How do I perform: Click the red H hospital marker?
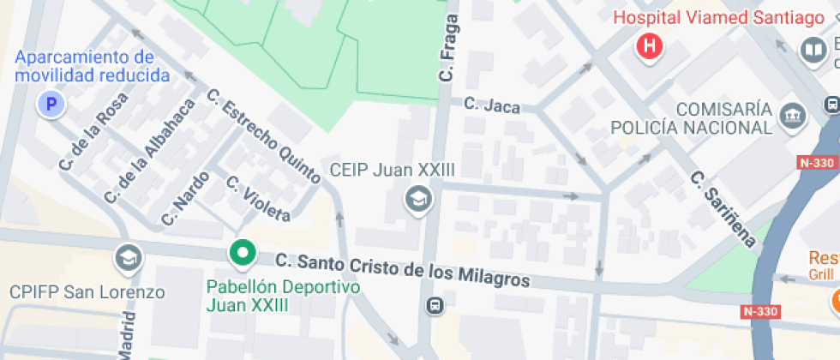point(651,46)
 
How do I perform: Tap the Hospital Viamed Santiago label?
point(718,18)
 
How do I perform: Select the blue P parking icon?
point(51,105)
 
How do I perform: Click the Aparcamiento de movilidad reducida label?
point(93,66)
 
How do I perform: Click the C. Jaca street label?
point(492,105)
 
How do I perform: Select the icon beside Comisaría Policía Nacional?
point(794,114)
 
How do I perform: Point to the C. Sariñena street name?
point(724,210)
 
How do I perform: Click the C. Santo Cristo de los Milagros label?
point(403,270)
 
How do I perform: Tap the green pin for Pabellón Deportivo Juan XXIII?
point(243,253)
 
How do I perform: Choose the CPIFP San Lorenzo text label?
point(87,291)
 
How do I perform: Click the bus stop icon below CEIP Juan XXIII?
point(435,305)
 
